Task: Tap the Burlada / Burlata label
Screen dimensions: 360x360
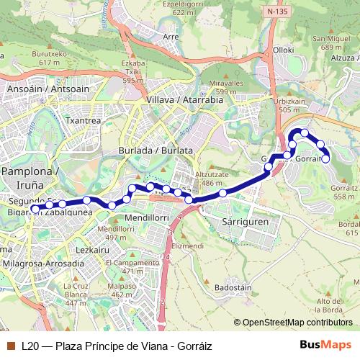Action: tap(156, 150)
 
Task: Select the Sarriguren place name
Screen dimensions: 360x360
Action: tap(246, 222)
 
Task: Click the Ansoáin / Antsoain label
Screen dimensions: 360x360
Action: tap(37, 89)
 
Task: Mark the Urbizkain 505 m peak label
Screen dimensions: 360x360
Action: tap(290, 105)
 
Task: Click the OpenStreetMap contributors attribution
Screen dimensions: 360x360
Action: tap(293, 323)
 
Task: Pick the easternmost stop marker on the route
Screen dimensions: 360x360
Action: tap(325, 158)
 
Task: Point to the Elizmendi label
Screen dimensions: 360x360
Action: tap(189, 246)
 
